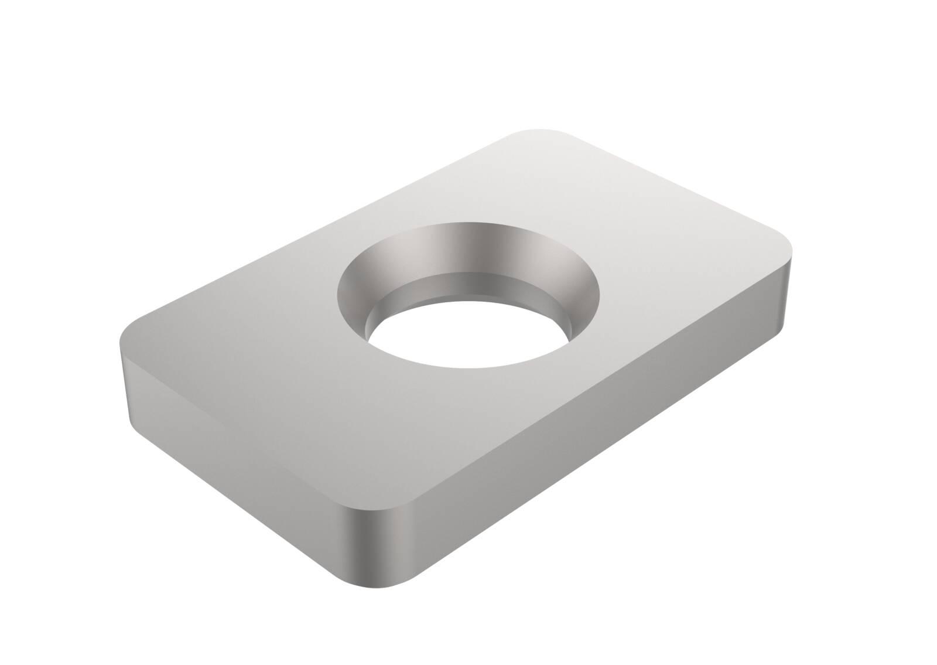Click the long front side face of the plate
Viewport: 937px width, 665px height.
pos(586,445)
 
